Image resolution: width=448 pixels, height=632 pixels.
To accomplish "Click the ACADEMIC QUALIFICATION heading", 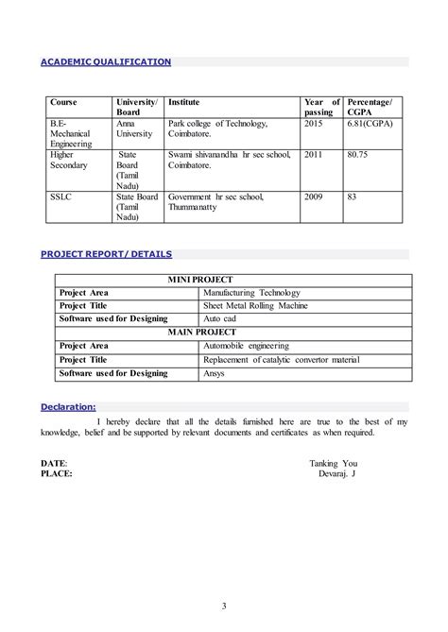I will (x=105, y=62).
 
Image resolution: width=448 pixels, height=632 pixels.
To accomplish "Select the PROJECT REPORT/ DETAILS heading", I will (x=106, y=254).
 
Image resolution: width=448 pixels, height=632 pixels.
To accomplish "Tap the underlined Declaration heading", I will (x=68, y=406).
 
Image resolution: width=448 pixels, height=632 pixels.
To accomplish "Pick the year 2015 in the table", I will (x=313, y=124).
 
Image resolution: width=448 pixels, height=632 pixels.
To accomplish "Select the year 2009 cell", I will (x=313, y=196).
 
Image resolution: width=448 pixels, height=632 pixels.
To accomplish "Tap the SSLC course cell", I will (x=60, y=196).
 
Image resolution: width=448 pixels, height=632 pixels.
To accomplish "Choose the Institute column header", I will (x=185, y=101).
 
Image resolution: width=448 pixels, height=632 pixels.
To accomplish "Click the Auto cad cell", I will (x=224, y=320).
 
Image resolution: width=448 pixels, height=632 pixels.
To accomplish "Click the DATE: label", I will (x=54, y=463).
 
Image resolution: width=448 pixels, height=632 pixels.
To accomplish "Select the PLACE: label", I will (x=57, y=473).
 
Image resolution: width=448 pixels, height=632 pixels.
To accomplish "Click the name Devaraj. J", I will (x=337, y=473).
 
